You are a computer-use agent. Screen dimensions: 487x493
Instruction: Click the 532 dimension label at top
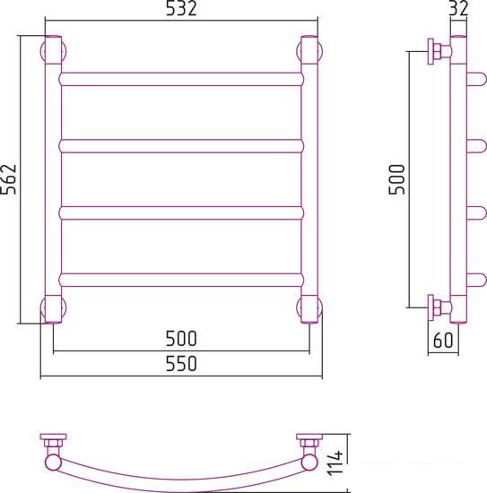[x=181, y=8]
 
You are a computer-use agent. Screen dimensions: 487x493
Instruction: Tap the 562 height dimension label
[x=8, y=179]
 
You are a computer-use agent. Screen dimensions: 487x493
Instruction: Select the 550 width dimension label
[x=181, y=363]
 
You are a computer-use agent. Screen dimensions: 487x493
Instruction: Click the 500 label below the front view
[x=181, y=338]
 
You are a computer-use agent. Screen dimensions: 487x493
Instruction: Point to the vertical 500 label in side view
[x=396, y=179]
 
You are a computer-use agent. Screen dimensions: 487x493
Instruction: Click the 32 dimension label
[x=458, y=8]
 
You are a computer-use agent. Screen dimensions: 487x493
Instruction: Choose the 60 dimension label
[x=443, y=340]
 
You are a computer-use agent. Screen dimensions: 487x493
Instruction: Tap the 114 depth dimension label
[x=335, y=463]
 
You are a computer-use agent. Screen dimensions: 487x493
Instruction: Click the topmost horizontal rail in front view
[x=181, y=79]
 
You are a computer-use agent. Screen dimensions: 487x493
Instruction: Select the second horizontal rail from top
[x=181, y=146]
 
